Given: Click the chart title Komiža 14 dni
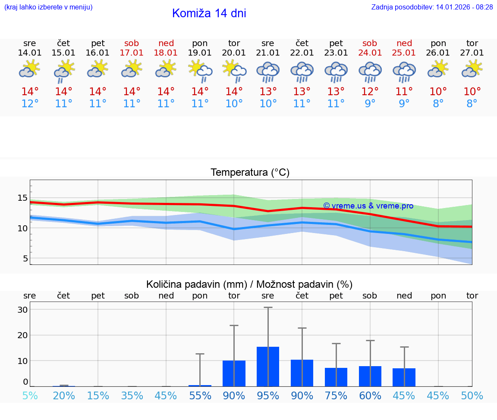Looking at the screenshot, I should (x=209, y=13).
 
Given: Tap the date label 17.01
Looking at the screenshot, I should (x=132, y=53).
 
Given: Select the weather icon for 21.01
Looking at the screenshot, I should (x=268, y=72).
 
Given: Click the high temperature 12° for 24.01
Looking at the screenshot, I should (x=370, y=92).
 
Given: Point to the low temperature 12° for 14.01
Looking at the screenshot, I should (x=30, y=104).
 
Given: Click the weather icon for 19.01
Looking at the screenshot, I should (x=200, y=72).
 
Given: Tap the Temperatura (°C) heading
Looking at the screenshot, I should (x=250, y=173).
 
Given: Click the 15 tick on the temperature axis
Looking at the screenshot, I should (x=22, y=198).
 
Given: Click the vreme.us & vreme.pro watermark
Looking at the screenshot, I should (x=368, y=206).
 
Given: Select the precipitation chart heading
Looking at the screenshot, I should (x=249, y=284).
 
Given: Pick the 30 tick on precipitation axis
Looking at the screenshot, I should (x=22, y=310).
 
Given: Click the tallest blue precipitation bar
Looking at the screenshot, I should (x=268, y=366).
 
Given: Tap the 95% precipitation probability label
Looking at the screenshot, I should (x=268, y=396).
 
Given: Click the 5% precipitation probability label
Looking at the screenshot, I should (x=30, y=396).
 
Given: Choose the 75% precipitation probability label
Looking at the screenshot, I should (x=336, y=396).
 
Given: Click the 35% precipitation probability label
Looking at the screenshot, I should (x=132, y=396).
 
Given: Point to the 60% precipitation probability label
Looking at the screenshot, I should (x=370, y=396).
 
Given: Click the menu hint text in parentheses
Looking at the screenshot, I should (x=48, y=7).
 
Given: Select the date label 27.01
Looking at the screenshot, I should (x=472, y=53).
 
